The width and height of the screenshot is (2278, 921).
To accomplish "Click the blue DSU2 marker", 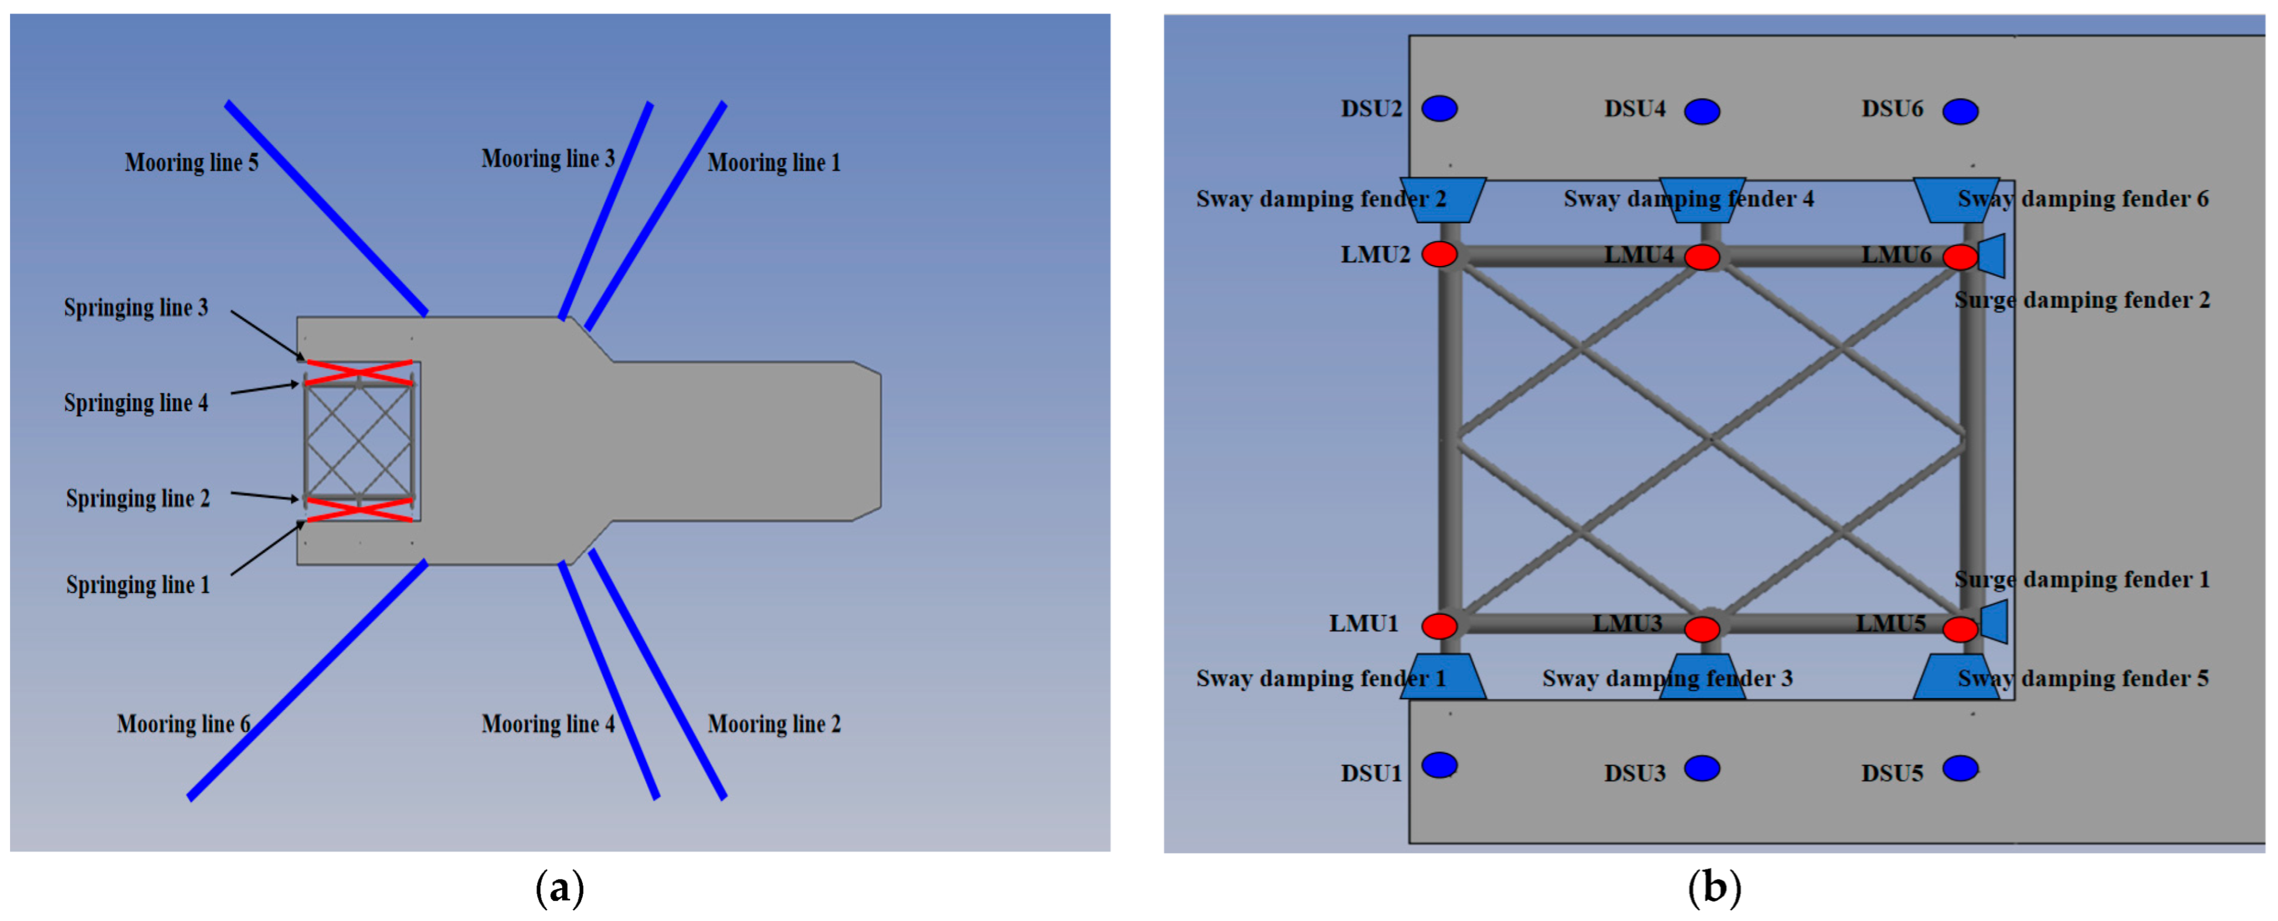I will coord(1440,108).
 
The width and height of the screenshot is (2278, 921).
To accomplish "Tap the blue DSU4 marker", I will coord(1702,111).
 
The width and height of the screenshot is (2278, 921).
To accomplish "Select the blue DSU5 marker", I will coord(1961,768).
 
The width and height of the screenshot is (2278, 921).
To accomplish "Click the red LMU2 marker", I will coord(1440,254).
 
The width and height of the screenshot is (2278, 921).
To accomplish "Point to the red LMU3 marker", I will coord(1702,629).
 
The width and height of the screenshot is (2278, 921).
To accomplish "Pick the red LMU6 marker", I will coord(1961,257).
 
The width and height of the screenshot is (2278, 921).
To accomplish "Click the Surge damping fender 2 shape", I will coord(1991,256).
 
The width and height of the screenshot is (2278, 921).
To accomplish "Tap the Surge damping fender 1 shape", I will coord(1994,621).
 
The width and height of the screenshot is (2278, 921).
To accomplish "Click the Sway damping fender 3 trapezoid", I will coord(1702,677).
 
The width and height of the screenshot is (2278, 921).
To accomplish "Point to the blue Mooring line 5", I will coord(327,208).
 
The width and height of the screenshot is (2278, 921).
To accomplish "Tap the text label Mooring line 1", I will coord(774,162).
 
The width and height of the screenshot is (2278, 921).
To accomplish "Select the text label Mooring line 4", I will coord(548,724).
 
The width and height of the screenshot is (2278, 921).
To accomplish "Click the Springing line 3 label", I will coord(136,308).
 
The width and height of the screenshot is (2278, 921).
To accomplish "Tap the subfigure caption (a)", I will coord(560,888).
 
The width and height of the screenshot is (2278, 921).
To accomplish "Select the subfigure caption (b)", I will coord(1714,888).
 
